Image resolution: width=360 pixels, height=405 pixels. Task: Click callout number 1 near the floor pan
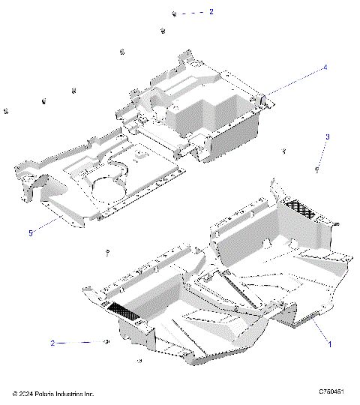click(328, 344)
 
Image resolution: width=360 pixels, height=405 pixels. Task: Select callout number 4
click(325, 67)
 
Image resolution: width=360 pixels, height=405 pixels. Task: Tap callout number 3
click(327, 136)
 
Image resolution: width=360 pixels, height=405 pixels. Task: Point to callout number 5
click(31, 233)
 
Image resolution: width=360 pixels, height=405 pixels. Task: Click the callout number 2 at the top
click(211, 12)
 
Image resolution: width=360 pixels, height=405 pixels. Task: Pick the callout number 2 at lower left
click(53, 343)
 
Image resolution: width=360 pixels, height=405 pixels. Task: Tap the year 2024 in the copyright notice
click(29, 393)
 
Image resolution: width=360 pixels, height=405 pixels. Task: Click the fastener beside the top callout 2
click(174, 13)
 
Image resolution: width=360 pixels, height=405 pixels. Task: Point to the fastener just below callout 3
click(318, 171)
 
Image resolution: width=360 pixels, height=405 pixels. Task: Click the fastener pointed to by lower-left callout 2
click(107, 342)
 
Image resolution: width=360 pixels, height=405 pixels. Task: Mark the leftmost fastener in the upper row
click(6, 111)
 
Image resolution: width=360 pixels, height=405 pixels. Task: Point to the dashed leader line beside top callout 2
click(193, 13)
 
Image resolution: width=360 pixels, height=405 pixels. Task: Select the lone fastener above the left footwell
click(108, 250)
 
